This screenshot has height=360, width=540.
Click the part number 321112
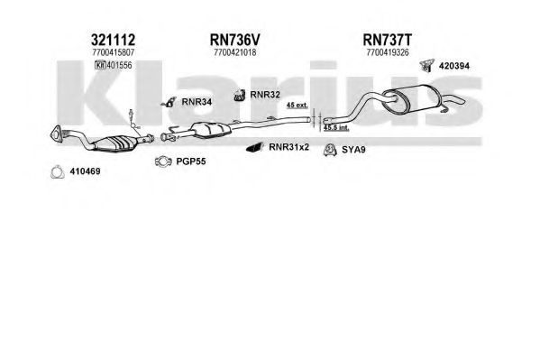tap(113, 40)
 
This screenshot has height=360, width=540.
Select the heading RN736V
tap(235, 40)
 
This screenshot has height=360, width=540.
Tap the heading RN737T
tap(387, 40)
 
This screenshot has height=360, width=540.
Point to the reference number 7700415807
tap(113, 52)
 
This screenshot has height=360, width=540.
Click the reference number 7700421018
tap(235, 52)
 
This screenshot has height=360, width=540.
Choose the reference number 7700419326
tap(388, 52)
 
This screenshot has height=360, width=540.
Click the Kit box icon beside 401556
tap(100, 65)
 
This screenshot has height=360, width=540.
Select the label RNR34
tap(197, 102)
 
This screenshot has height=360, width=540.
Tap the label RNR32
tap(265, 95)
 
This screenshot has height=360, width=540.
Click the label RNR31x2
tap(289, 147)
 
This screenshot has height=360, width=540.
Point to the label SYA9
tap(353, 150)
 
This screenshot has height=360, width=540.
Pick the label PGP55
tap(191, 162)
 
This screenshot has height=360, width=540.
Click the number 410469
tap(85, 171)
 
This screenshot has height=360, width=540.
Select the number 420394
tap(453, 66)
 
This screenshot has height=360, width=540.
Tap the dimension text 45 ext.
tap(297, 106)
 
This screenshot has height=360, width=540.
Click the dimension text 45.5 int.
tap(336, 127)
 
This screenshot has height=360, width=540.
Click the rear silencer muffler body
tap(413, 98)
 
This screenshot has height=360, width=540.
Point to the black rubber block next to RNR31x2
tap(254, 148)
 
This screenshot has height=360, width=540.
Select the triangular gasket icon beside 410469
tap(58, 172)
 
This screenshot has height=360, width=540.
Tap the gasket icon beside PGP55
tap(163, 162)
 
